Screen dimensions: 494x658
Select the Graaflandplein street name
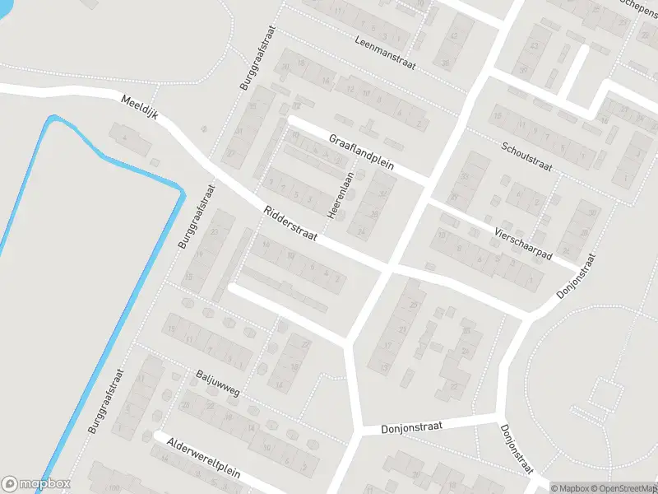(x=362, y=152)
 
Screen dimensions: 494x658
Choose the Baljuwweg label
(x=218, y=384)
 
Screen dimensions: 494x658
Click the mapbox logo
(x=36, y=484)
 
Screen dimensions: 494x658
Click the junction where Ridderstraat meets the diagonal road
(x=390, y=268)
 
